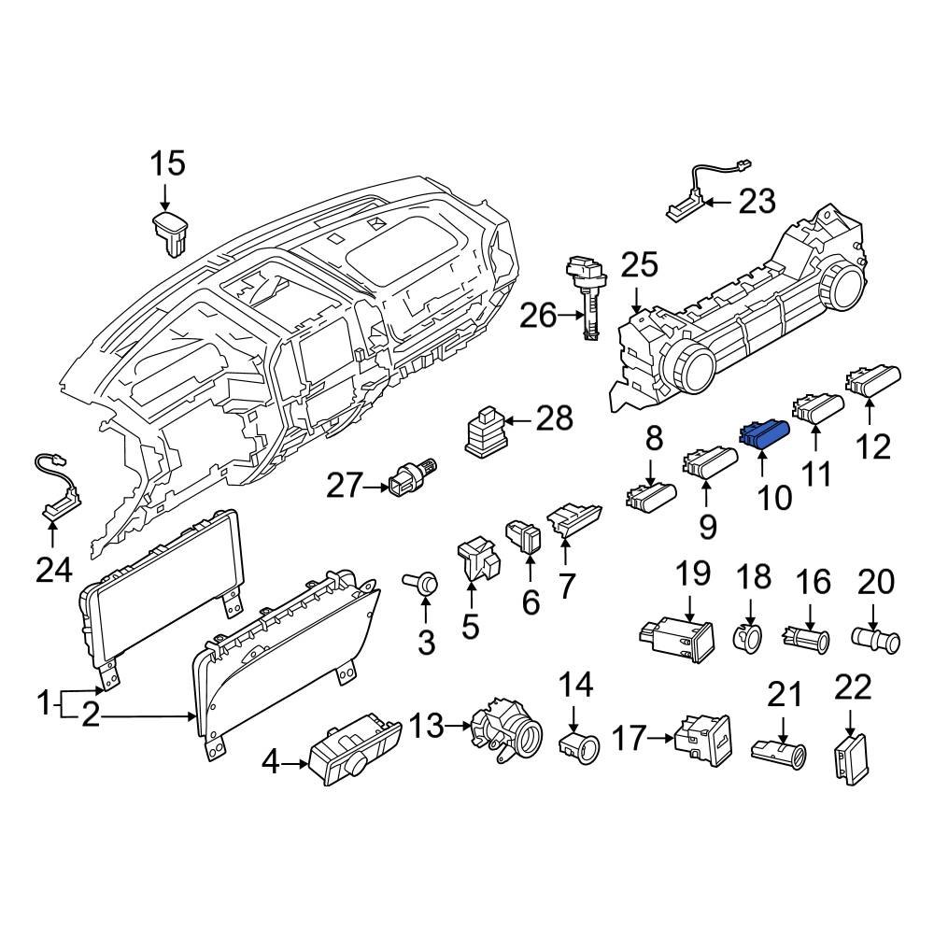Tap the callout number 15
(168, 164)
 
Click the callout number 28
(554, 418)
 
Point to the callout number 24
(52, 569)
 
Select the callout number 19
(693, 574)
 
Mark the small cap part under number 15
(169, 232)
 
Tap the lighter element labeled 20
(876, 642)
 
